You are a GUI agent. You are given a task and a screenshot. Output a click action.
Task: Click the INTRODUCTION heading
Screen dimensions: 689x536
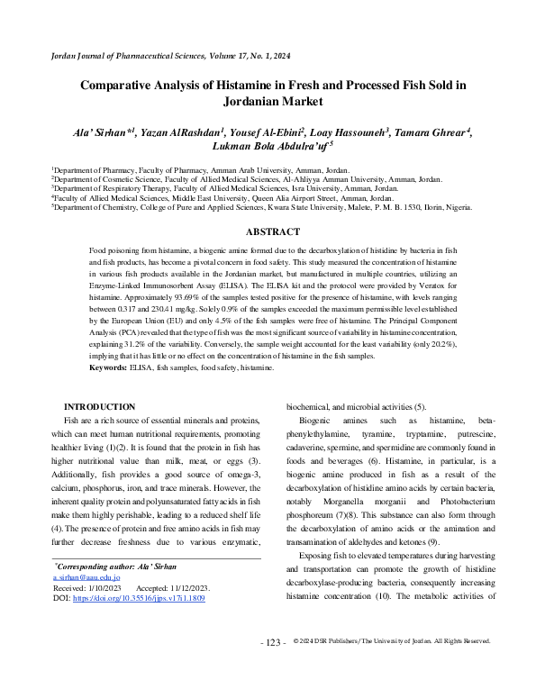[x=99, y=407]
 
